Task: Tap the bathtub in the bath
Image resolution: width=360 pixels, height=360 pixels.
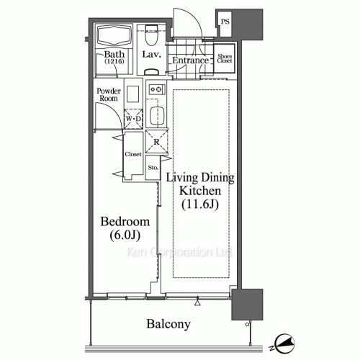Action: tap(114, 36)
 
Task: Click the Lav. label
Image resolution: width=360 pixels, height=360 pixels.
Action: tap(151, 55)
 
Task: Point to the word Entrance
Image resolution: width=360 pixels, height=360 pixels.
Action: tap(190, 60)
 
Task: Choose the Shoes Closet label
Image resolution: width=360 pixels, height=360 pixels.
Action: tap(225, 59)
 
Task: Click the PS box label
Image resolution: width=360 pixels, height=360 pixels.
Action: tap(226, 22)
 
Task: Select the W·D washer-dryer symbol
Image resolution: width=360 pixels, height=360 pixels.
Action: tap(132, 118)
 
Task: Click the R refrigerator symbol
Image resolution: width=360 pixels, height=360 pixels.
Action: tap(156, 141)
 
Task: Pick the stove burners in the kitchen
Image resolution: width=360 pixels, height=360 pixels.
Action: tap(156, 89)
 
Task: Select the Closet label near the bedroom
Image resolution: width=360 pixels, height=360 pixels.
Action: tap(132, 154)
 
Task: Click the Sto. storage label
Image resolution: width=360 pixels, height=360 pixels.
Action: tap(153, 168)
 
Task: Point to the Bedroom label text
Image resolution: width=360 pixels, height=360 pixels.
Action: tap(125, 221)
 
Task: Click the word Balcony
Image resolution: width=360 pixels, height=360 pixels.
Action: tap(168, 325)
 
